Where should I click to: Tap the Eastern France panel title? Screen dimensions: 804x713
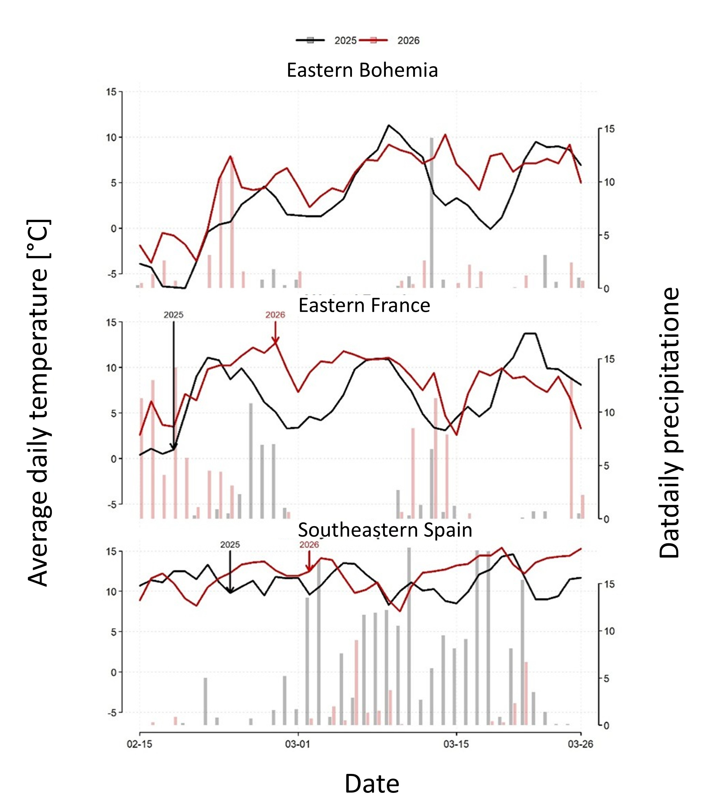pyautogui.click(x=364, y=306)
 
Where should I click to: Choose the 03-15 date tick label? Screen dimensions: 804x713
pyautogui.click(x=456, y=744)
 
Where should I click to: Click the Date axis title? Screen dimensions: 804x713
pyautogui.click(x=372, y=784)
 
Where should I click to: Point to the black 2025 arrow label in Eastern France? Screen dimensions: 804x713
pyautogui.click(x=173, y=315)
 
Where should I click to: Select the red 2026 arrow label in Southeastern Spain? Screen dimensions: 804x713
pyautogui.click(x=309, y=545)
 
